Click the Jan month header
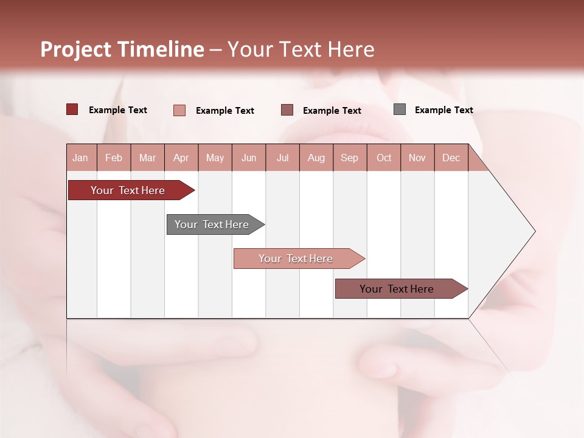click(x=81, y=158)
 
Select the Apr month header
click(x=181, y=158)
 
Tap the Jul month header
click(x=283, y=158)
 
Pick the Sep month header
click(x=350, y=158)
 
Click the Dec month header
click(x=451, y=158)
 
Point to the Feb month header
click(x=114, y=158)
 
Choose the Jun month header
click(x=249, y=158)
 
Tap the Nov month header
click(x=417, y=158)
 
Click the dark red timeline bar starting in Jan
click(x=128, y=190)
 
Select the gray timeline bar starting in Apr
click(x=212, y=224)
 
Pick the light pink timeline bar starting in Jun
click(x=296, y=259)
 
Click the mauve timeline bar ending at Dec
click(x=397, y=289)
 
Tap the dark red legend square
click(x=72, y=109)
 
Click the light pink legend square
click(x=179, y=110)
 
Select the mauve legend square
click(x=287, y=109)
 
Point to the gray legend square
click(x=400, y=109)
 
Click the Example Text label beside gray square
click(x=443, y=110)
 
